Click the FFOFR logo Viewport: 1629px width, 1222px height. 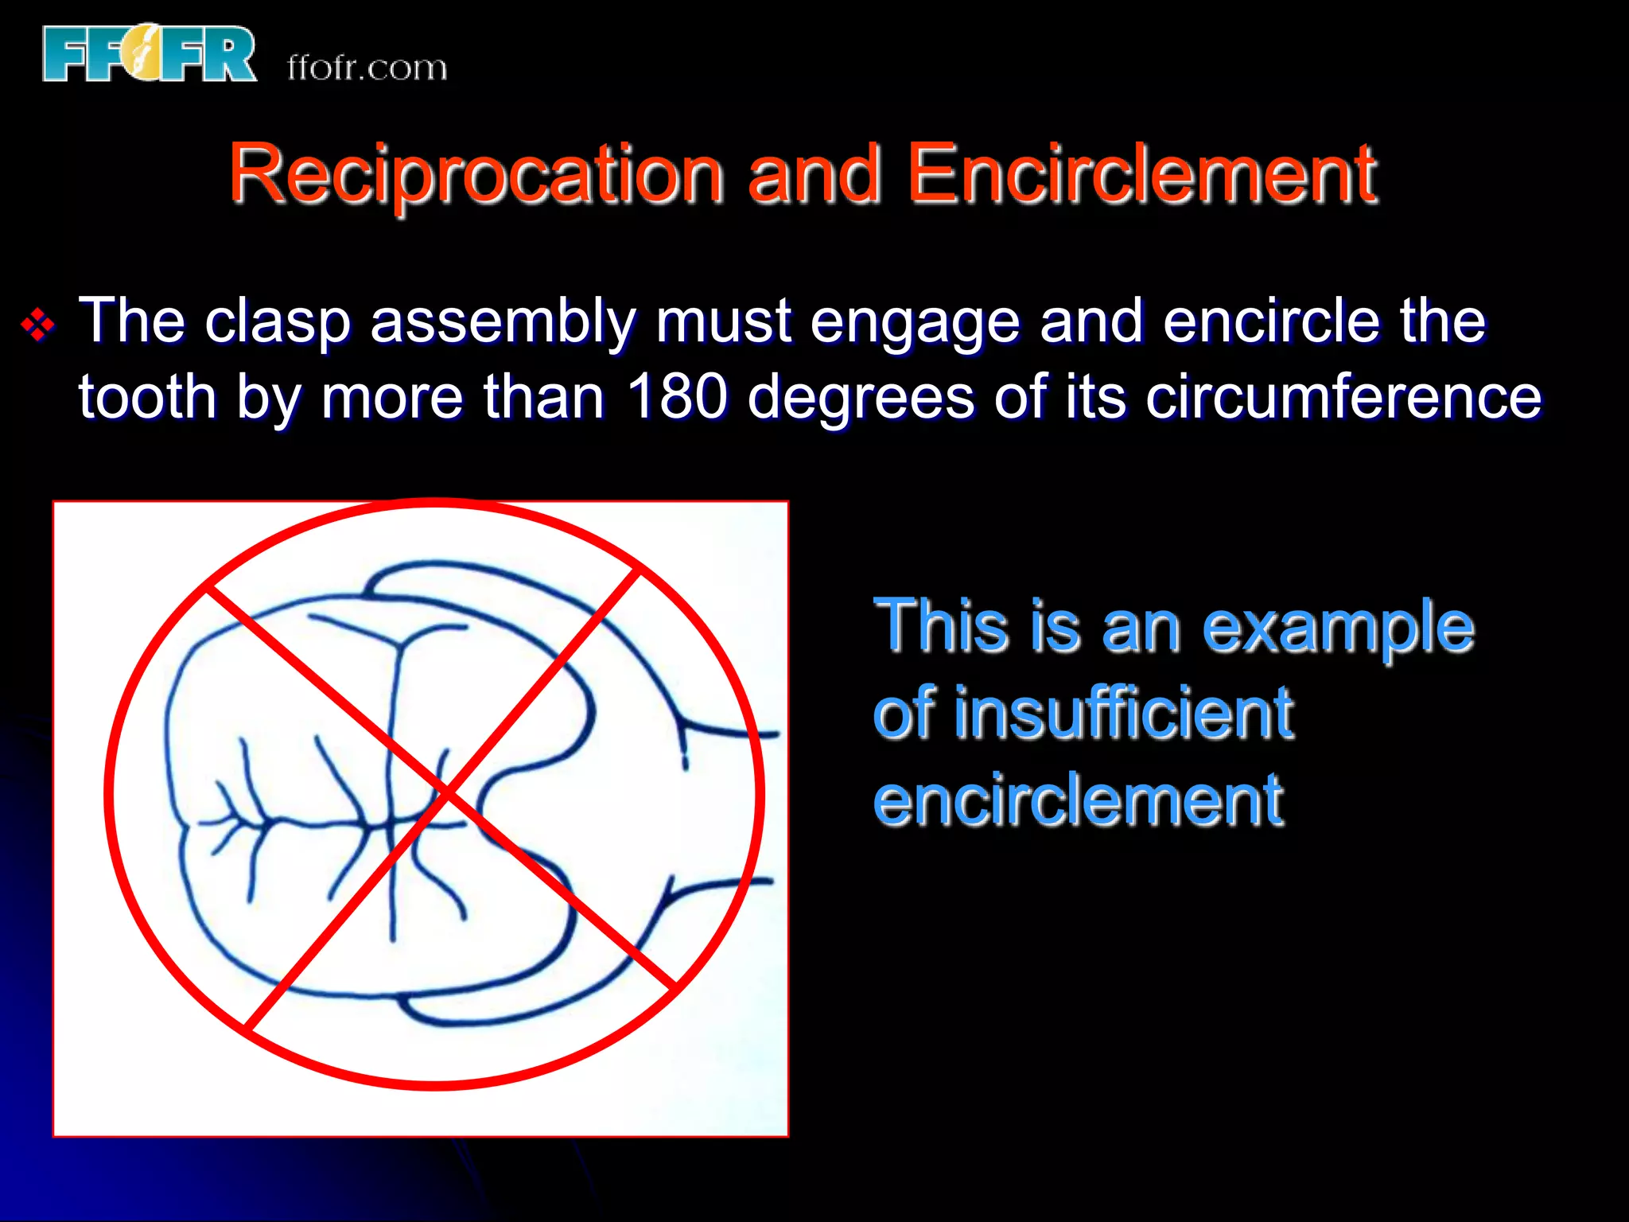point(150,53)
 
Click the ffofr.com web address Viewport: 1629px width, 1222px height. point(367,68)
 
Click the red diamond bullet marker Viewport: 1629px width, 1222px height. point(37,325)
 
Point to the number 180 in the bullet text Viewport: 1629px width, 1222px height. point(676,396)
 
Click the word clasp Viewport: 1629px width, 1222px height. point(277,321)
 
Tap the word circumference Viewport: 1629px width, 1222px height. point(1343,396)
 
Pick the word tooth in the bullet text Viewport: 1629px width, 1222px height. point(147,396)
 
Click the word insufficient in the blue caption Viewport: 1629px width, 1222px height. point(1123,713)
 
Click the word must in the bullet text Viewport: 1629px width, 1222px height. point(723,321)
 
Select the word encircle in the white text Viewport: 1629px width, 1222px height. point(1270,321)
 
